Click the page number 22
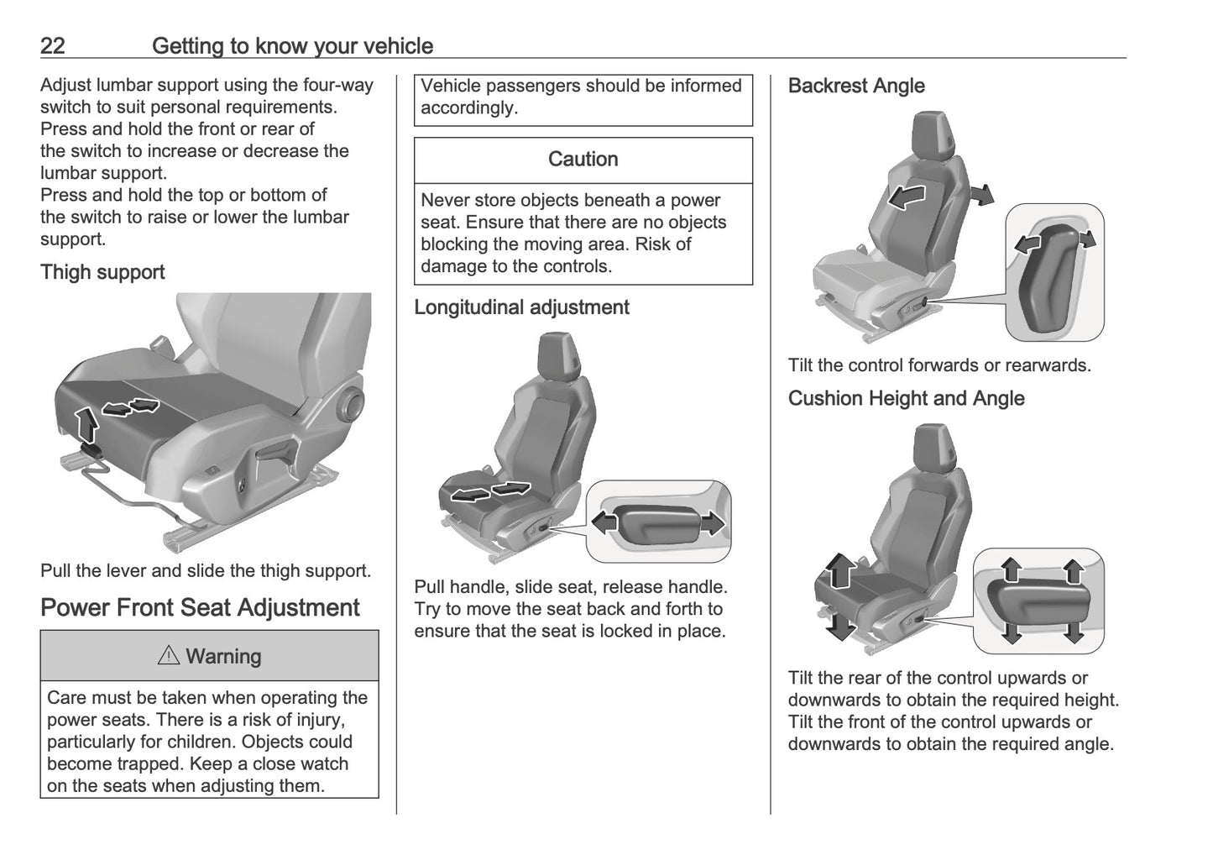coord(52,46)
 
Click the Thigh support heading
coord(102,272)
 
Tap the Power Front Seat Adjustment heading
coord(200,607)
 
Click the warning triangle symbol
coord(168,656)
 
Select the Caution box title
coord(583,160)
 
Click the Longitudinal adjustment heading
coord(521,307)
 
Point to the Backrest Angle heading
coord(856,86)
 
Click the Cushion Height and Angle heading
coord(906,398)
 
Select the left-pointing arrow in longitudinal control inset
coord(604,522)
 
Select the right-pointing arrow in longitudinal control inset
coord(711,523)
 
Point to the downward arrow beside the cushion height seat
coord(839,622)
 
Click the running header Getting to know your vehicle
coord(292,46)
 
